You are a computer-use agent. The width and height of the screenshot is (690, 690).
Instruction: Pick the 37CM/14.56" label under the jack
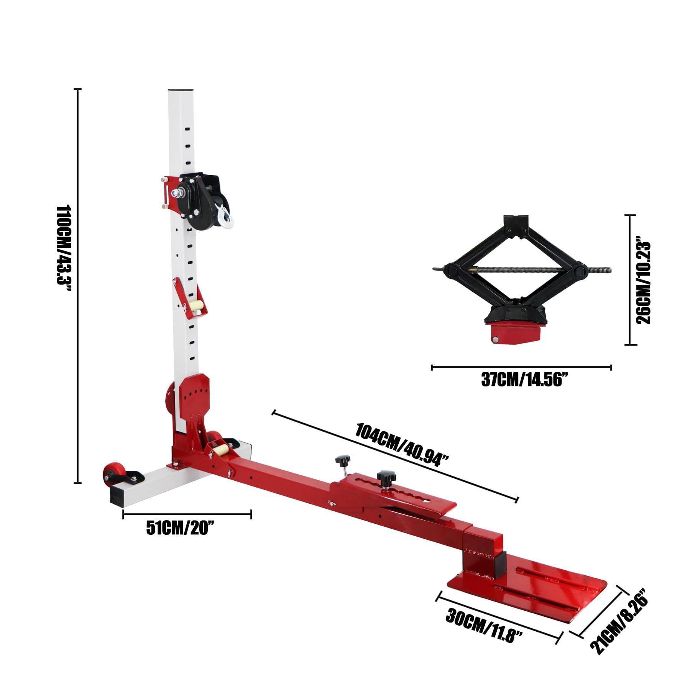point(521,380)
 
